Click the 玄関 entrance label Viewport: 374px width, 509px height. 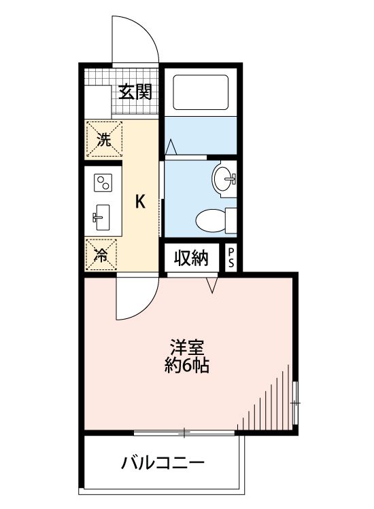[x=135, y=92]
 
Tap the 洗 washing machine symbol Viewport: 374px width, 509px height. [x=103, y=140]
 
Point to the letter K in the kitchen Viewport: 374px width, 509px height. [x=139, y=202]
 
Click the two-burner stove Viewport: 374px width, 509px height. [x=103, y=183]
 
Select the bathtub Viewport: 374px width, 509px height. [x=201, y=92]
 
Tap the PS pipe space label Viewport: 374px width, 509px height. [x=231, y=258]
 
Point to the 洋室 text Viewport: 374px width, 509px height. [x=186, y=347]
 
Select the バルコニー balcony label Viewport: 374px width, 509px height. [x=163, y=464]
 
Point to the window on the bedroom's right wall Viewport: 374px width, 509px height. [x=296, y=403]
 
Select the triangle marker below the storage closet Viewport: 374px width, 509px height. [x=211, y=284]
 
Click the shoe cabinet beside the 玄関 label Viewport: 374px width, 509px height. [x=97, y=102]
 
